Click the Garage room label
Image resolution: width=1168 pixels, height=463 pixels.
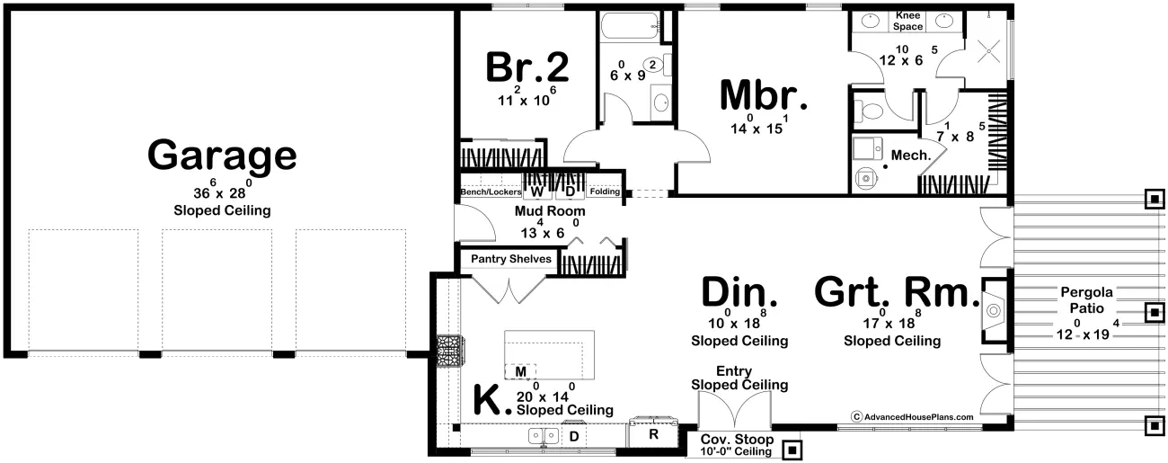(222, 155)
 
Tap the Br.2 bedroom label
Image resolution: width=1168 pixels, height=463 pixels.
(527, 67)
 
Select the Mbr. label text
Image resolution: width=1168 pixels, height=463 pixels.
(764, 95)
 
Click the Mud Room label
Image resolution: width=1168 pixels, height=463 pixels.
(550, 211)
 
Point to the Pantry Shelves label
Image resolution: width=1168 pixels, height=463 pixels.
(511, 259)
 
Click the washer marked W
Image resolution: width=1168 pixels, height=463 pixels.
(537, 191)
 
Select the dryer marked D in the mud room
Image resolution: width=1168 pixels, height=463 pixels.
(570, 191)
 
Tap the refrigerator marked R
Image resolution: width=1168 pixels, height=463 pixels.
(653, 433)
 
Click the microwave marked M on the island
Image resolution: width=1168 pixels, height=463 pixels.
(520, 371)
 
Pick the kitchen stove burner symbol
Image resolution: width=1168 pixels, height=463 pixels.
(449, 352)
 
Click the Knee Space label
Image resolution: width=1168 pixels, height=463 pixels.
(907, 21)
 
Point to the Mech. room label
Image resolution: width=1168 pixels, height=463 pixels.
(911, 155)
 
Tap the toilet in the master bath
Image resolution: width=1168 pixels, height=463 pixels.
(869, 111)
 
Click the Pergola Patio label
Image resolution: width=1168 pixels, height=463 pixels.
(1086, 300)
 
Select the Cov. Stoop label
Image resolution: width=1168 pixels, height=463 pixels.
(737, 439)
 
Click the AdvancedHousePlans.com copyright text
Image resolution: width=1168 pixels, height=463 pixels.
(912, 416)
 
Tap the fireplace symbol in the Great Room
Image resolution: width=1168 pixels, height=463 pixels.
(994, 311)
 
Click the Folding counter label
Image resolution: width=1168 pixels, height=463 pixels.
(605, 191)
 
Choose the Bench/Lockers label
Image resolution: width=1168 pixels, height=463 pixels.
(491, 192)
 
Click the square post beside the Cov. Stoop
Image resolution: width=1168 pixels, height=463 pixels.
(792, 450)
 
